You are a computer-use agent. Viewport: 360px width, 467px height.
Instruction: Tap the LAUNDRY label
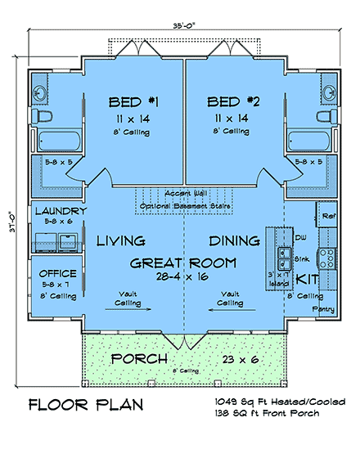coord(56,211)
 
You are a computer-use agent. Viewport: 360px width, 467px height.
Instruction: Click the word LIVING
coord(120,241)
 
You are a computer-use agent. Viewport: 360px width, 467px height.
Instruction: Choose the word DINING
coord(235,241)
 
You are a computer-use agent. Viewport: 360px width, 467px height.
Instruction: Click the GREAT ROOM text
coord(184,263)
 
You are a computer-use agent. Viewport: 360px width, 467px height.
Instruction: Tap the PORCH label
coord(140,360)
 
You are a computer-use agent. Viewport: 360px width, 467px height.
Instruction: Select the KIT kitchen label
coord(307,280)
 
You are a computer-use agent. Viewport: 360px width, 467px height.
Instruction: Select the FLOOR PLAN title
coord(86,405)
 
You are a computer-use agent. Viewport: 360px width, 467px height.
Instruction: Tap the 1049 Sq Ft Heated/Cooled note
coord(287,402)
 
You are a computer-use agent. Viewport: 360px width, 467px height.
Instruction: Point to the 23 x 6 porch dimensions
coord(241,360)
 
